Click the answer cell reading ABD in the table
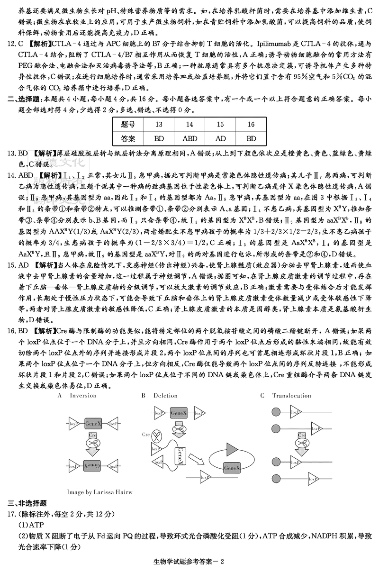tap(189, 139)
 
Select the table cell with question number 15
tap(220, 125)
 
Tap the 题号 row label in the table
tap(128, 125)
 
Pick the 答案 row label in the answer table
tap(128, 139)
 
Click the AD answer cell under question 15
tap(220, 139)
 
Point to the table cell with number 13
tap(159, 125)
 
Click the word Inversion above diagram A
tap(83, 396)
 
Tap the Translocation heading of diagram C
tap(291, 396)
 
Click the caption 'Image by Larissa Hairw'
tap(99, 492)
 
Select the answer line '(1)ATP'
tap(30, 525)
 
